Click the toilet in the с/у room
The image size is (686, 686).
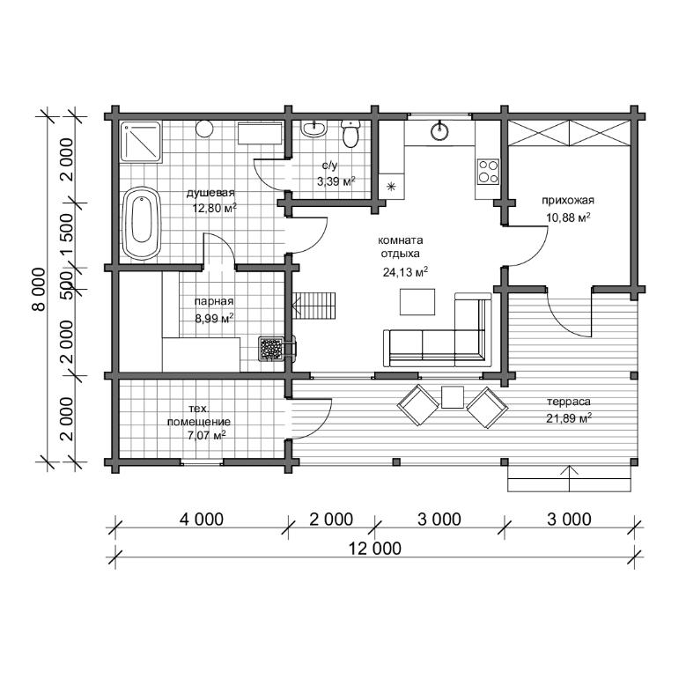click(x=350, y=134)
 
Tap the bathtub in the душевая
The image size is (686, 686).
click(x=142, y=224)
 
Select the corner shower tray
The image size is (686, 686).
click(x=141, y=142)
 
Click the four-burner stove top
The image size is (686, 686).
click(x=488, y=171)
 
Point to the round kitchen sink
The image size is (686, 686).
click(x=439, y=130)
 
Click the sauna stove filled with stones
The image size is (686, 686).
click(x=271, y=349)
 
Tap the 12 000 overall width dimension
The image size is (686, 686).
click(x=375, y=549)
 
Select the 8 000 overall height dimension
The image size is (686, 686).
click(x=39, y=289)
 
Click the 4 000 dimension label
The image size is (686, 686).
click(x=202, y=520)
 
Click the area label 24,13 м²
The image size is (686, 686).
click(x=405, y=272)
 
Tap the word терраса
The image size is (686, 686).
click(x=568, y=402)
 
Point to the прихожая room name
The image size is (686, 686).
click(x=568, y=201)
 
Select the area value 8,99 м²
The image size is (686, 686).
click(x=214, y=318)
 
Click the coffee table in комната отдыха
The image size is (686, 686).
click(x=417, y=302)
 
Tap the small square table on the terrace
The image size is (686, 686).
click(x=453, y=397)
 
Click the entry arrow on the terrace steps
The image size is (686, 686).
click(x=569, y=479)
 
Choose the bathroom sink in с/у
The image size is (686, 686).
click(x=313, y=129)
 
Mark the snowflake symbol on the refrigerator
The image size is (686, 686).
click(x=392, y=187)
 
